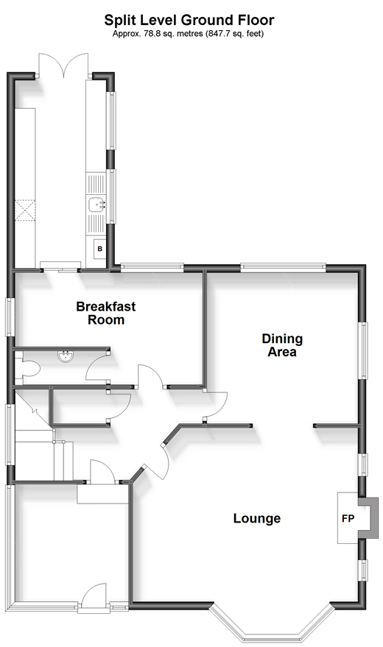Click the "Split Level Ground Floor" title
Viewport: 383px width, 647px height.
tap(189, 20)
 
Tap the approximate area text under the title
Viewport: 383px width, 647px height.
tap(188, 34)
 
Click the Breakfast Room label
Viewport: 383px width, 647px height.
tap(106, 313)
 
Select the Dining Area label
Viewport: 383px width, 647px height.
tap(282, 345)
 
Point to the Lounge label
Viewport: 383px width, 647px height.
tap(257, 518)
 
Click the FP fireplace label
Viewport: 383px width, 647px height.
tap(348, 518)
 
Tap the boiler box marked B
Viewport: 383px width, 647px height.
tap(99, 250)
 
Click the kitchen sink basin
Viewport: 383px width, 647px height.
tap(96, 204)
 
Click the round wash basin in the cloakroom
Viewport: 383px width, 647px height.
tap(66, 356)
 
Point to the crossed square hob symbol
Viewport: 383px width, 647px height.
tap(25, 211)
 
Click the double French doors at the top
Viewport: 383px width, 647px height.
tap(63, 66)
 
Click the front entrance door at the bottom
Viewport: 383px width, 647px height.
tap(94, 597)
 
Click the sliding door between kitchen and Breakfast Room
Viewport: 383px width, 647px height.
tap(60, 266)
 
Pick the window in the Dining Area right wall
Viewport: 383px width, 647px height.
tap(364, 350)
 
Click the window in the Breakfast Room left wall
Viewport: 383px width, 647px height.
tap(10, 317)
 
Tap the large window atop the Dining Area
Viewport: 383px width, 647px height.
tap(283, 268)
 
